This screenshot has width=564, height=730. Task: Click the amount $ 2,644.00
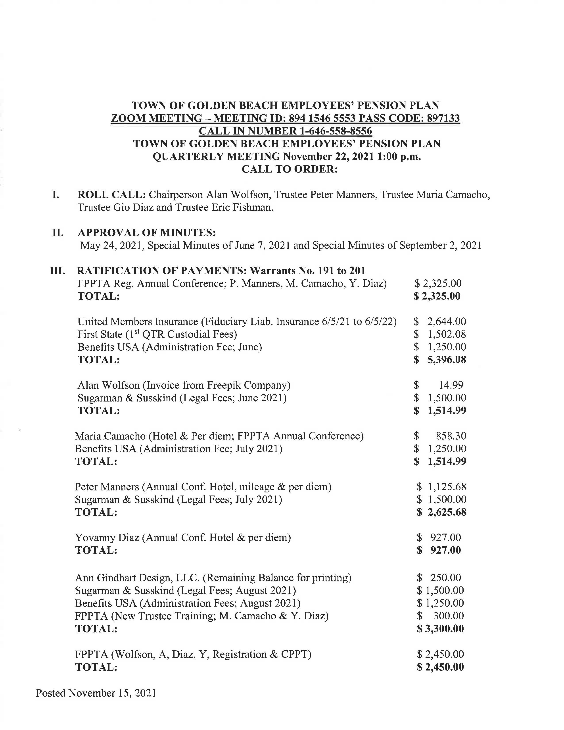point(440,322)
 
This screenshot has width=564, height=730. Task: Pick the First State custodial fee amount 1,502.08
point(447,334)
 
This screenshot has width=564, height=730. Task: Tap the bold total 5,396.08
point(447,360)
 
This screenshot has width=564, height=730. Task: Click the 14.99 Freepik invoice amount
point(451,385)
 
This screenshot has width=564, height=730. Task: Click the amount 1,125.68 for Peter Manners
point(447,487)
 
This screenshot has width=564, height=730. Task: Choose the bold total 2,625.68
point(447,512)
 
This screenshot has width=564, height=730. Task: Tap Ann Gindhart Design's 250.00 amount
point(446,578)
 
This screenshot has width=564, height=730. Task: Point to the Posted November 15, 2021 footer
point(96,693)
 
